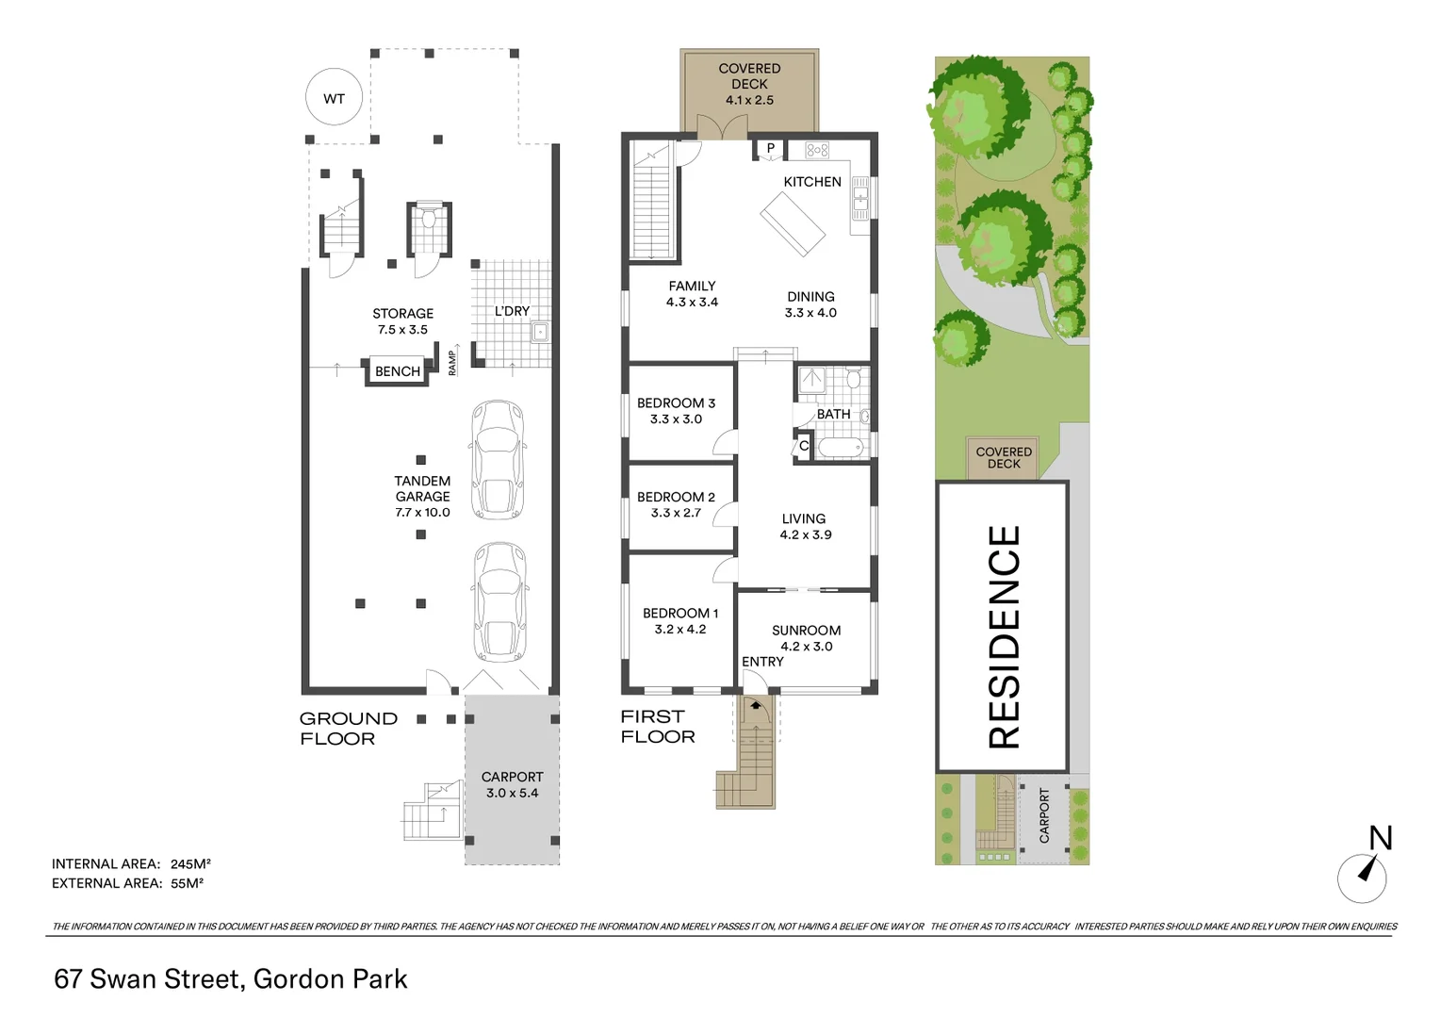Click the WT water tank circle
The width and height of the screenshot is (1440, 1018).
pos(334,98)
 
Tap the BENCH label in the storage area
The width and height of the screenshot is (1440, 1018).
pos(398,371)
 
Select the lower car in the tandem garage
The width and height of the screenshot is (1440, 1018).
pos(499,601)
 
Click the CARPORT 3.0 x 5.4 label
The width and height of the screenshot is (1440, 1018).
pos(512,784)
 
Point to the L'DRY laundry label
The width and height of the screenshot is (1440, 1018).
pos(512,311)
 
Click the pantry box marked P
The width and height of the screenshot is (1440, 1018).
pos(770,149)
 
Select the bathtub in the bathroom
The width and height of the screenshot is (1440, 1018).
pos(839,447)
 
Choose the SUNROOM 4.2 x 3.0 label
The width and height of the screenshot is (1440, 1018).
pos(806,638)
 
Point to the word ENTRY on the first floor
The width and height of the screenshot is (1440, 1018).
pos(762,662)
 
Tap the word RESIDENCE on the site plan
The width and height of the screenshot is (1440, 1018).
pos(1004,636)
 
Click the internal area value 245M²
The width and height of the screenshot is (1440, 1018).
pos(190,863)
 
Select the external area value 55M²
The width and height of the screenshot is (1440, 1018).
pos(188,883)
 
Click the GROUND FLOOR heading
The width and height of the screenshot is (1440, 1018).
pos(348,729)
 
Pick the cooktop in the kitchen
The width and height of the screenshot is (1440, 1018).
pos(816,150)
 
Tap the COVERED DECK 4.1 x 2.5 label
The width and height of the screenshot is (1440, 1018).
pos(749,84)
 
